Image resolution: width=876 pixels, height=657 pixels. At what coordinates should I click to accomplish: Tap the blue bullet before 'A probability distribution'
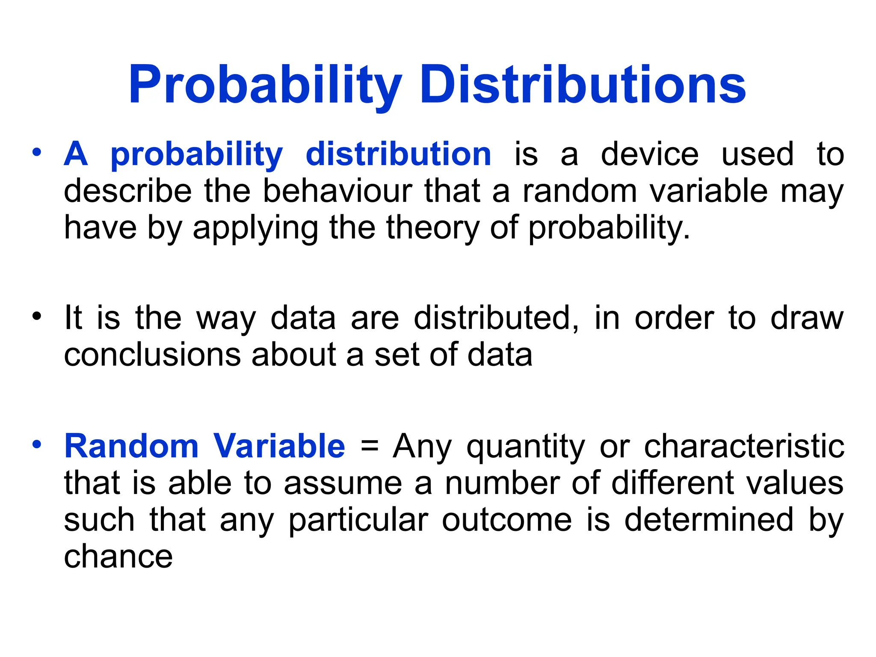click(37, 152)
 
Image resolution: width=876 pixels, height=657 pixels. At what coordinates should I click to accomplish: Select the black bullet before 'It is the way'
click(37, 317)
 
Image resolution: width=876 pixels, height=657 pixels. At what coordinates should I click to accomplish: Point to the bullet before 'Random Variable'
click(37, 444)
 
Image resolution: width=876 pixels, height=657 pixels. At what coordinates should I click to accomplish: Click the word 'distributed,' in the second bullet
click(497, 318)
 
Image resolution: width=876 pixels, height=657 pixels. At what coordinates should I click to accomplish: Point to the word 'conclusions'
click(152, 355)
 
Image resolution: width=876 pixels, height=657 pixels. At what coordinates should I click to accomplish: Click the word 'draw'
click(807, 318)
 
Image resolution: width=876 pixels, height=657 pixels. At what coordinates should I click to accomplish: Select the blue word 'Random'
click(131, 446)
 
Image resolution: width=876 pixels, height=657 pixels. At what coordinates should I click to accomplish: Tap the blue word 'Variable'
click(279, 446)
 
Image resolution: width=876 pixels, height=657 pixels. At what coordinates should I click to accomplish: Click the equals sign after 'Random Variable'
click(370, 446)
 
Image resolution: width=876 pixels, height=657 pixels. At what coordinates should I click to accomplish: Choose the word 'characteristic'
click(744, 446)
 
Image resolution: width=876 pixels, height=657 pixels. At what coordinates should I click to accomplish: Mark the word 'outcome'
click(507, 520)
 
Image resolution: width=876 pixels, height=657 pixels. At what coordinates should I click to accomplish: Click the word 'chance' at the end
click(118, 556)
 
